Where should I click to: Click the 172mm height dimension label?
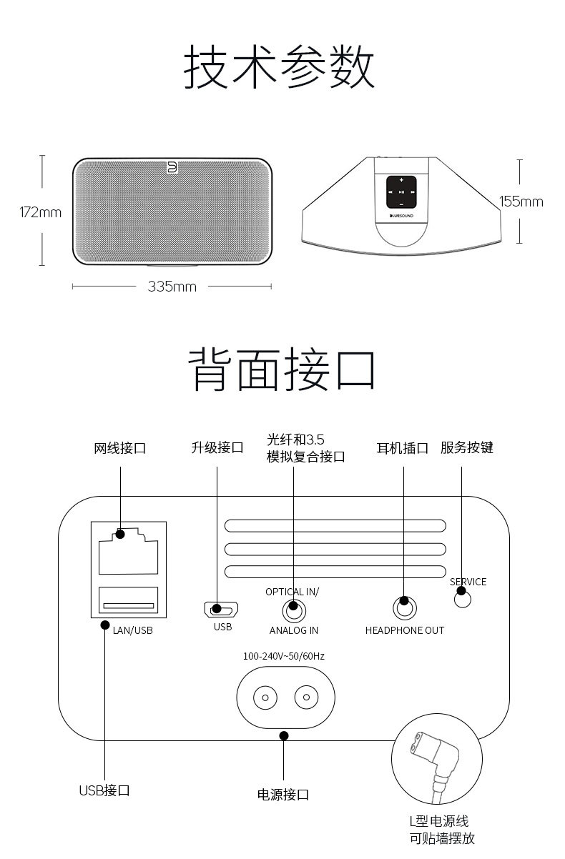click(x=40, y=212)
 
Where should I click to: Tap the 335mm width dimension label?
click(x=172, y=287)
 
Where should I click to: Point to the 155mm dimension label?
click(x=521, y=202)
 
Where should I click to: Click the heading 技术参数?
click(x=280, y=67)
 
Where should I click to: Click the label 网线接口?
click(x=120, y=449)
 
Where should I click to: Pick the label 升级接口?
click(x=217, y=448)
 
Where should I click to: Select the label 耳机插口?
click(x=403, y=449)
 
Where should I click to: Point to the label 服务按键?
click(x=467, y=448)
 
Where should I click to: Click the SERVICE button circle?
click(x=463, y=599)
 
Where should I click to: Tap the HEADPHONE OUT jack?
click(x=404, y=608)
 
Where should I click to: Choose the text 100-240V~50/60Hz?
click(x=284, y=655)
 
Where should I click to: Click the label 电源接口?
click(x=283, y=795)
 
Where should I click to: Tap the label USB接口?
click(x=104, y=790)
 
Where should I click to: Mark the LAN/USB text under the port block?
click(x=132, y=630)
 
